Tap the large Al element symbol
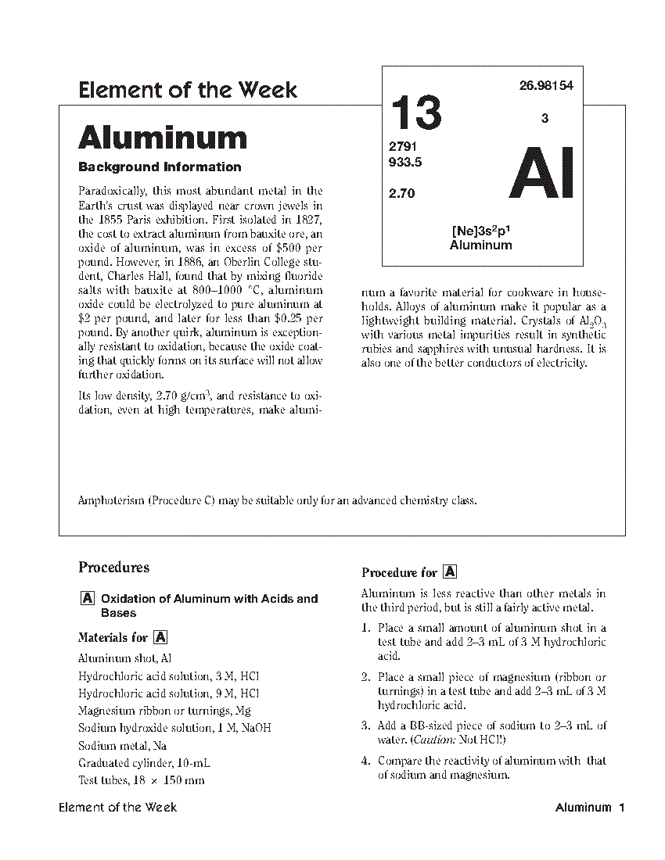[542, 174]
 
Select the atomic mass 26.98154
[546, 86]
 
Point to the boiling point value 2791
[404, 147]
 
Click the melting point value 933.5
[405, 163]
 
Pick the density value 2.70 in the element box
[402, 193]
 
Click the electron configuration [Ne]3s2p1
[481, 231]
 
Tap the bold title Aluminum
[163, 138]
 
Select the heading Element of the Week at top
[188, 90]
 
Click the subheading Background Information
[160, 167]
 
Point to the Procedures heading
[114, 568]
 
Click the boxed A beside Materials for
[161, 637]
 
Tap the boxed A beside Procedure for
[450, 572]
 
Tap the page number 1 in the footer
[620, 808]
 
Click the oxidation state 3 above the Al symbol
[545, 119]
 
